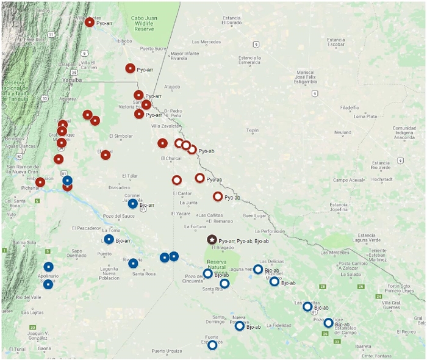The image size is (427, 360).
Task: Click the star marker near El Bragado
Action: coord(212,240)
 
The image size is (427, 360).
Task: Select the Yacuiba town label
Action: coord(73,80)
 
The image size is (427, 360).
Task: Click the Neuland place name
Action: coord(342,132)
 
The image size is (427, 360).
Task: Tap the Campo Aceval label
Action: coord(348,180)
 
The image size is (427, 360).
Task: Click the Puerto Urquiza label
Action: coord(167,351)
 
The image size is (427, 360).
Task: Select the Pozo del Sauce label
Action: coord(119,216)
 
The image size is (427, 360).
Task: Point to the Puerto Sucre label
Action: coord(153,48)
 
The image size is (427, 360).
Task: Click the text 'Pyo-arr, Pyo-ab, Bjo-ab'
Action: coord(243,242)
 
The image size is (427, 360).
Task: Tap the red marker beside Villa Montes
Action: coord(90,22)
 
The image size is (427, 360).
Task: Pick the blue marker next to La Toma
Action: coord(109,239)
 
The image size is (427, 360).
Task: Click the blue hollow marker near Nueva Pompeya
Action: coord(240,326)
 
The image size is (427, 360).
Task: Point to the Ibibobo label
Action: coord(124,41)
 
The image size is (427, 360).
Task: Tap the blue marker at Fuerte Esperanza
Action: coord(212,345)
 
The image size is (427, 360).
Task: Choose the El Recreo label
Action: coord(405,332)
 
